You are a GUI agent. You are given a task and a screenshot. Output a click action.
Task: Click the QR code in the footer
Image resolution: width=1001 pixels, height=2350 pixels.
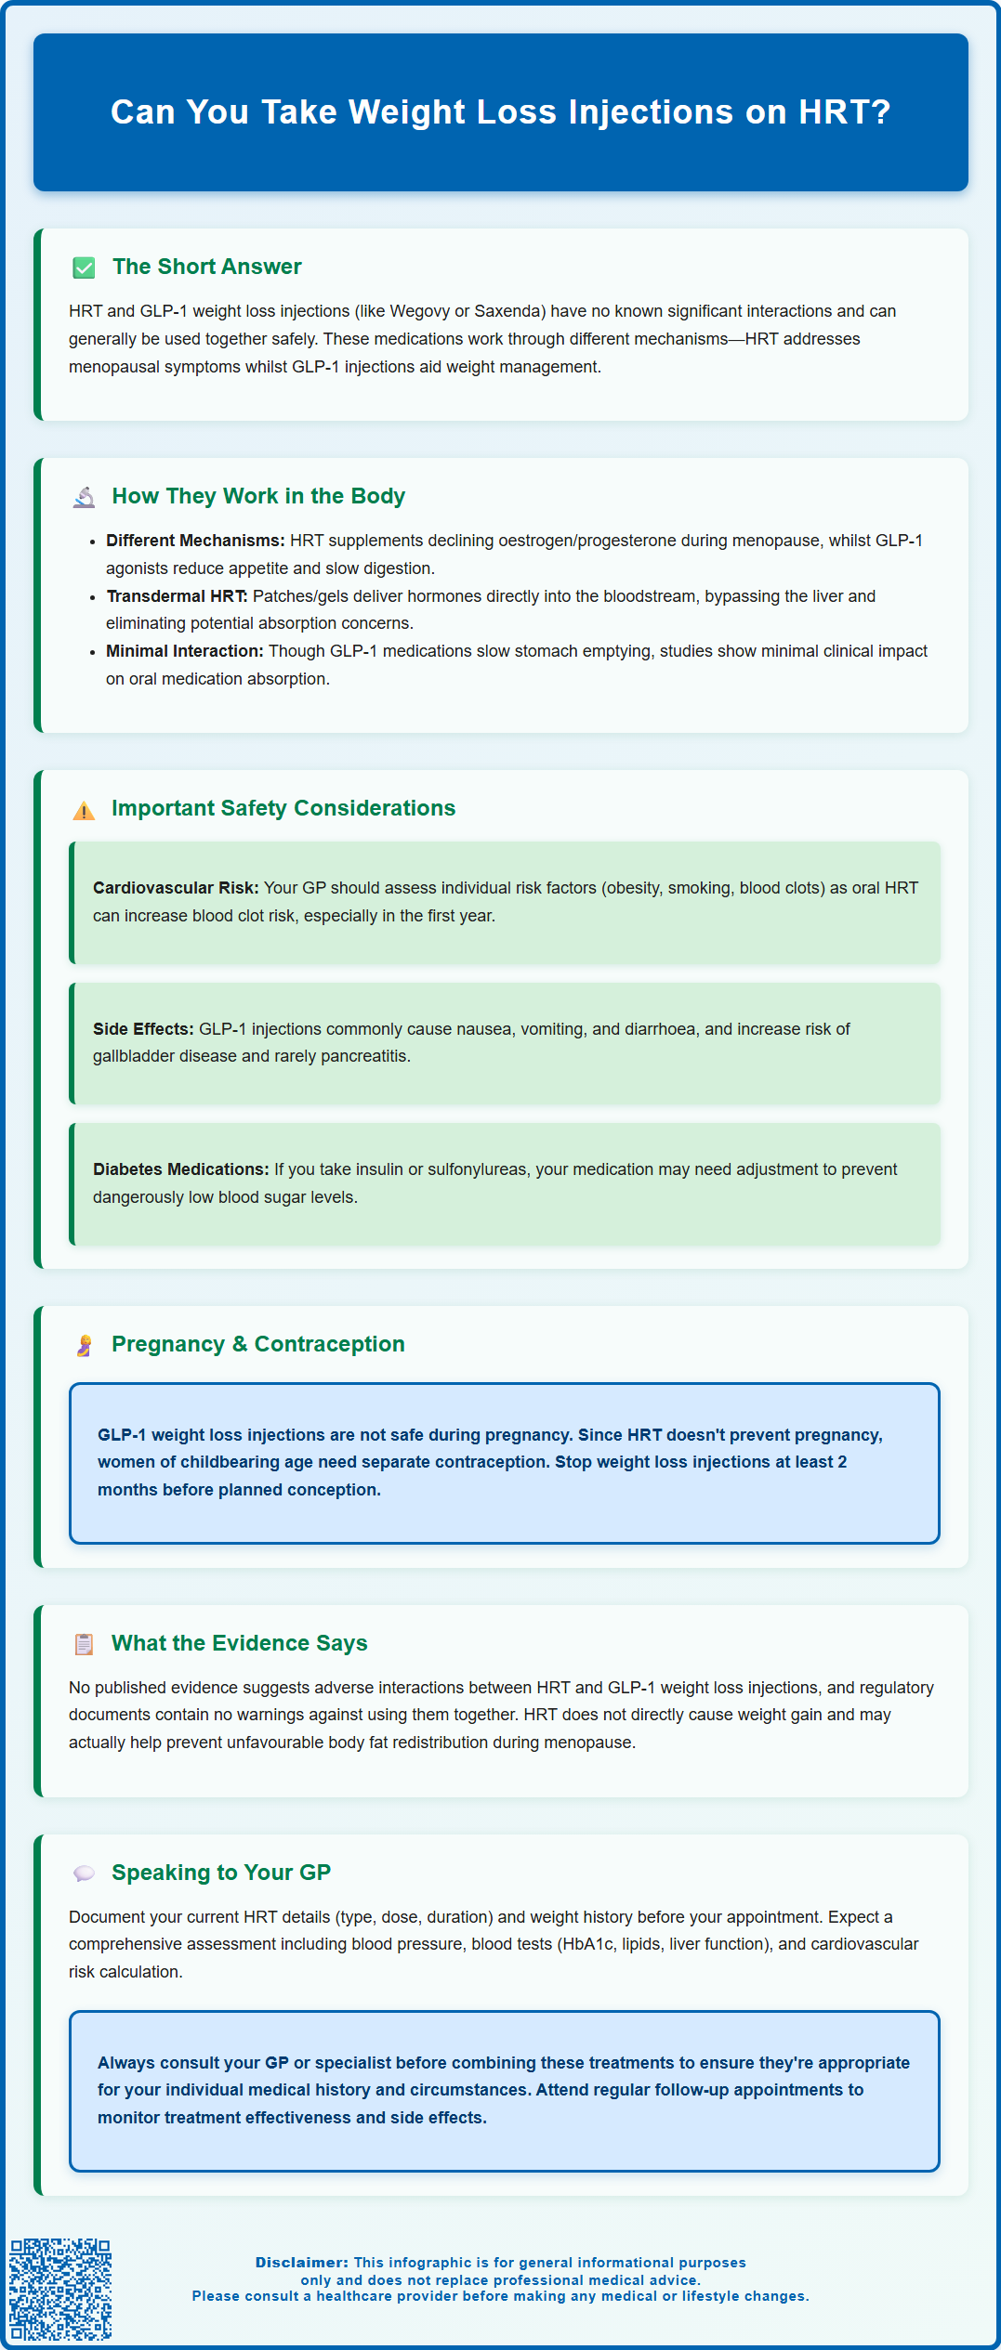pos(60,2289)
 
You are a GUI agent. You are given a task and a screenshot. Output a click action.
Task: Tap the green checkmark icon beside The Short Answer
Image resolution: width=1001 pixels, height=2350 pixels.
pos(84,268)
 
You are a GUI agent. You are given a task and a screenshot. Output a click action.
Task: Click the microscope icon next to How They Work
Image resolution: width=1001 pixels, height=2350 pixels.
pos(84,497)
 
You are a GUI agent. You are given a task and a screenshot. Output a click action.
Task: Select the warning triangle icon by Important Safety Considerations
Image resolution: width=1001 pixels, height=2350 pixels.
pos(84,810)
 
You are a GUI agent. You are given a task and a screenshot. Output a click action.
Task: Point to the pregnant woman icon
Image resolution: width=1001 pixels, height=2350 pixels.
pos(84,1346)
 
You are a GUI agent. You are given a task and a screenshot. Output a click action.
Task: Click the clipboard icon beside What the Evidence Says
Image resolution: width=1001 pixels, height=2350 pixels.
pos(84,1644)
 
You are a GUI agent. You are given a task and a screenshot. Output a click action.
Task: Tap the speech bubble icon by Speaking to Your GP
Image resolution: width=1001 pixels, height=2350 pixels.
pos(84,1873)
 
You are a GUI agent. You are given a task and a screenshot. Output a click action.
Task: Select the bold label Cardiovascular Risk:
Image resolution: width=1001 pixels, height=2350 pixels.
pos(176,888)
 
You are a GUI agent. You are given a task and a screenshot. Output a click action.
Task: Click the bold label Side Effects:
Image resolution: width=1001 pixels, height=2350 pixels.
pos(143,1029)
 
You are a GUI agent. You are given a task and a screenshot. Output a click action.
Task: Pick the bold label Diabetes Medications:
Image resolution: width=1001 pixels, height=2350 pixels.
pos(180,1169)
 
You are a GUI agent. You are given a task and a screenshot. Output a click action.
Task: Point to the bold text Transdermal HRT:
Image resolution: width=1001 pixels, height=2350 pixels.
pos(177,596)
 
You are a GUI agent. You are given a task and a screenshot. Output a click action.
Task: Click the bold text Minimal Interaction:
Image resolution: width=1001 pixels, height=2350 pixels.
pos(184,651)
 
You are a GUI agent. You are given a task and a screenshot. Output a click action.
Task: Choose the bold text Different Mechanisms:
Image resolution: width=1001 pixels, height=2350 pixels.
pos(195,541)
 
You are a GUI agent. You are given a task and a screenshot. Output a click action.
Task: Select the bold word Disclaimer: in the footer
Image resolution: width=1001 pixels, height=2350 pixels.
pos(302,2263)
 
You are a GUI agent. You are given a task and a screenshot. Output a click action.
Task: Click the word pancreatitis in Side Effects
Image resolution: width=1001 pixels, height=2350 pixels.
pos(364,1056)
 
